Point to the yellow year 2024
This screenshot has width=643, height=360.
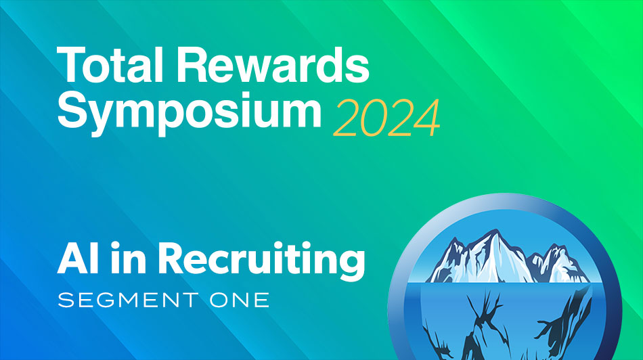[x=386, y=116]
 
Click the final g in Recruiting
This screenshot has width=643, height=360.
[x=351, y=265]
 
